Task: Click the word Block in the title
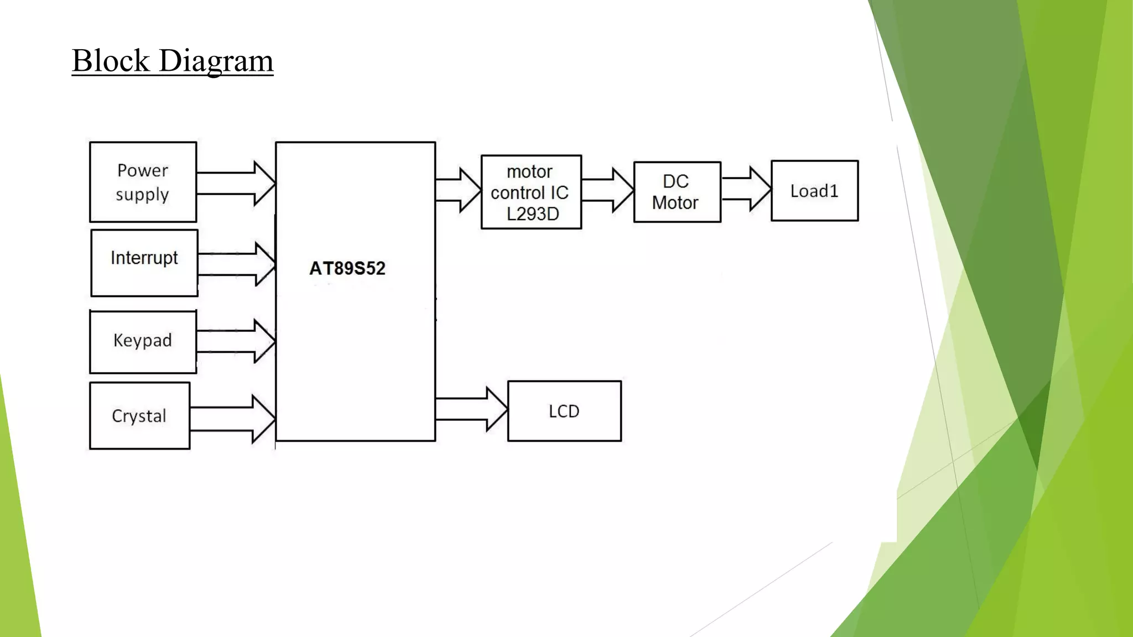coord(111,60)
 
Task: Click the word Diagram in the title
coord(216,61)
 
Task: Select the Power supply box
coord(143,182)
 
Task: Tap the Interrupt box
coord(144,263)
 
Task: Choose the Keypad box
coord(143,341)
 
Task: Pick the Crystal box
coord(139,416)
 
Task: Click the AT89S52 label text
coord(347,269)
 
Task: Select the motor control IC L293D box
coord(531,192)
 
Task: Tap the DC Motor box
coord(677,192)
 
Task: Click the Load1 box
coord(814,191)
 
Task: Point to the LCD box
coord(564,411)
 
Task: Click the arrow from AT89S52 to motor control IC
coord(458,190)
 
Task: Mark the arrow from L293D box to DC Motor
coord(607,190)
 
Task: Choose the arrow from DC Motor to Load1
coord(746,189)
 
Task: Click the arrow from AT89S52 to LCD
coord(471,409)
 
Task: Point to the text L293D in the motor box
coord(533,214)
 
